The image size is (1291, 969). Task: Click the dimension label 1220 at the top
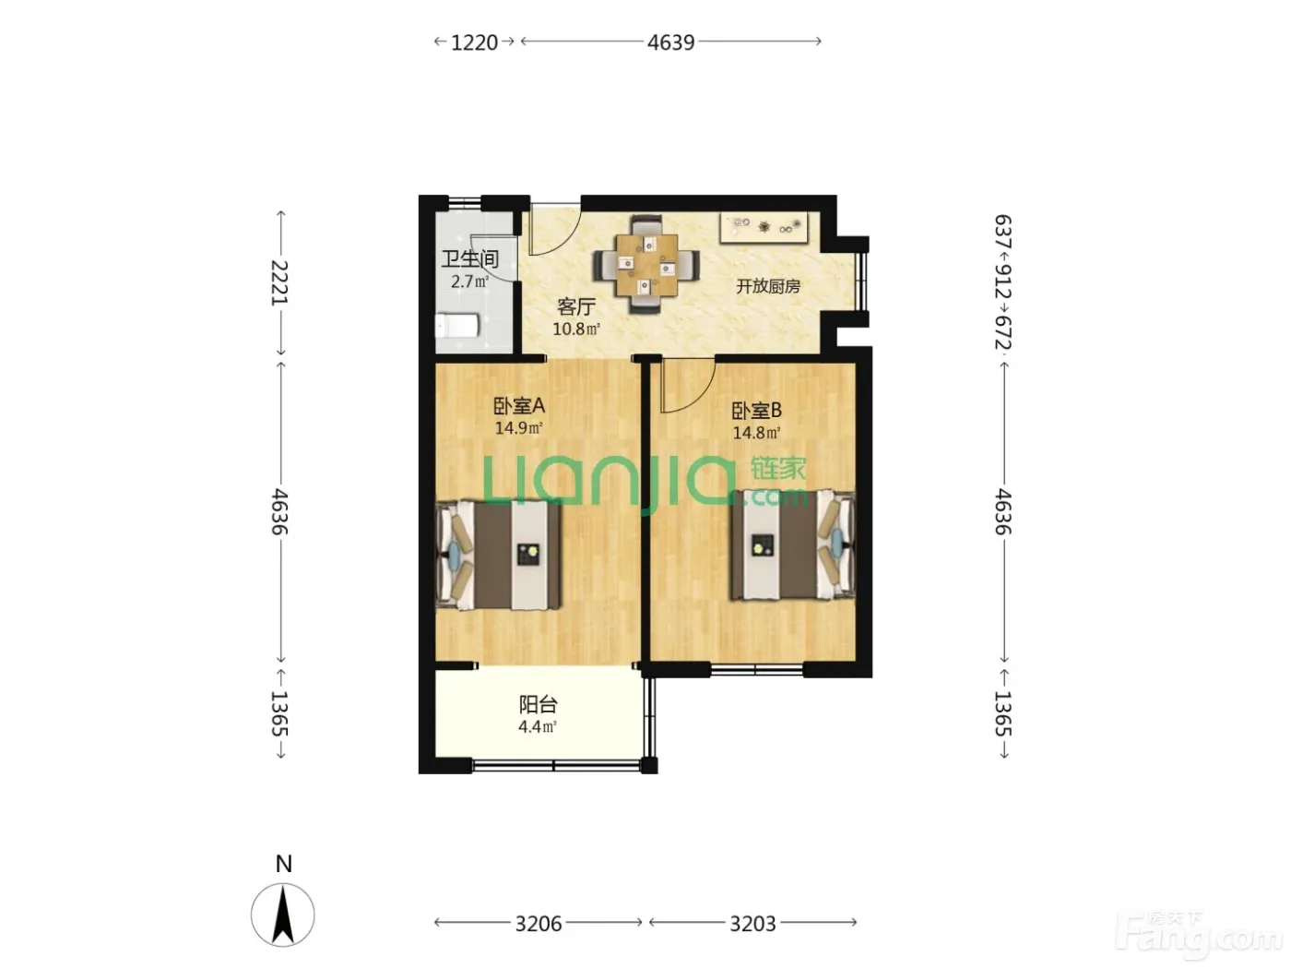474,42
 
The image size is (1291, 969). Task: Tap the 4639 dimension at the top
670,42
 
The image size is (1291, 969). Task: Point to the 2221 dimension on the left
279,282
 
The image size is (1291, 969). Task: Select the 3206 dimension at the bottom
539,924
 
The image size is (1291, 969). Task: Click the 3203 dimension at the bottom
752,924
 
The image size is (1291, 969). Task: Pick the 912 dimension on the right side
1002,281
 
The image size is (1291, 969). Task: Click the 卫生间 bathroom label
470,259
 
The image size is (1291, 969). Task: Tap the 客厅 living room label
576,306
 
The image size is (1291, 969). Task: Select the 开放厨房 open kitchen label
768,286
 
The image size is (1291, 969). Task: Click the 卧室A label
519,405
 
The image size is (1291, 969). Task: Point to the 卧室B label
756,410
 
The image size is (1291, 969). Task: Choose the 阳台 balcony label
538,704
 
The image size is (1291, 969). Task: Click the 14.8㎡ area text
756,433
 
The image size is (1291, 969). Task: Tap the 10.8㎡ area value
576,329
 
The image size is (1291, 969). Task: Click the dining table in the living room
646,266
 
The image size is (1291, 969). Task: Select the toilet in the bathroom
456,326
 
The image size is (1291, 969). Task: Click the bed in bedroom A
498,555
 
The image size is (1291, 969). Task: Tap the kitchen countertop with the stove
764,228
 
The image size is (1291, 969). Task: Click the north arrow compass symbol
283,915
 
